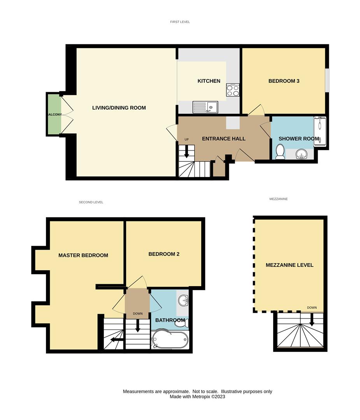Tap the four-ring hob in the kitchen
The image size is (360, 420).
point(233,90)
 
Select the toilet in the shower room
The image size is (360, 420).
point(280,151)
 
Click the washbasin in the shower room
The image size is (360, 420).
point(301,154)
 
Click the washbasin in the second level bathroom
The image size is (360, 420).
point(184,300)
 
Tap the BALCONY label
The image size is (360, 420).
point(54,115)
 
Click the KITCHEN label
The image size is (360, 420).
point(209,81)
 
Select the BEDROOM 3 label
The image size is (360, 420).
point(284,81)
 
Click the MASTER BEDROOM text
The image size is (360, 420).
point(83,255)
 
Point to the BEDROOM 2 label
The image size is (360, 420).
point(164,254)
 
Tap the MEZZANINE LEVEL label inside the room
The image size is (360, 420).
point(290,265)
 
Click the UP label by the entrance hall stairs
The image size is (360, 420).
point(186,140)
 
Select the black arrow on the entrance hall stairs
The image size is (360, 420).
point(186,151)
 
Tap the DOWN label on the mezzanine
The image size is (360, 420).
point(312,308)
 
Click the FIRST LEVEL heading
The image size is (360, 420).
point(180,22)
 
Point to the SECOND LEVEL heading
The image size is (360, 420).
point(91,202)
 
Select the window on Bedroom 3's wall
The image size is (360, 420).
point(327,80)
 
